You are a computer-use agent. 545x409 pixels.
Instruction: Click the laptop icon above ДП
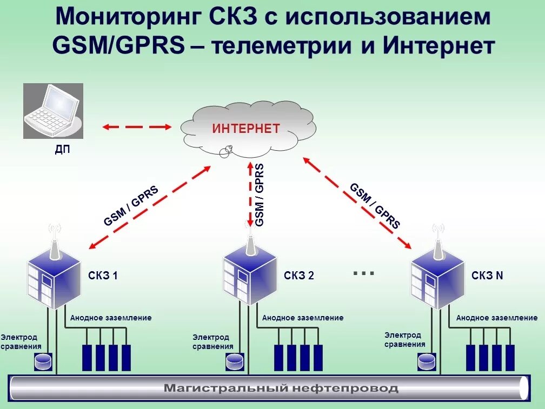click(53, 111)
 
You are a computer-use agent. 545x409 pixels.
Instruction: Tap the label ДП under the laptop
click(62, 150)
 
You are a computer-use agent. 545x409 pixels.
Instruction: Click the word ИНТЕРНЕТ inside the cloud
click(246, 129)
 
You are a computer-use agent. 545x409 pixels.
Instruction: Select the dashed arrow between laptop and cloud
click(136, 127)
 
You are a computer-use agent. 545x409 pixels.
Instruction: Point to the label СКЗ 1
click(103, 276)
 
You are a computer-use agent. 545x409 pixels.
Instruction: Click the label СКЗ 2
click(299, 276)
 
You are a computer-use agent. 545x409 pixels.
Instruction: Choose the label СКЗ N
click(487, 276)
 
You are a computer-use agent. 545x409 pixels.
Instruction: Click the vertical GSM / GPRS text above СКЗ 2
click(260, 195)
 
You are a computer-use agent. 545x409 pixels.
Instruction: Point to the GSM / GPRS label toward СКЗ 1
click(131, 206)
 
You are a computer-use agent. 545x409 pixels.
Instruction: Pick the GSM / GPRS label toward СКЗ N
click(375, 206)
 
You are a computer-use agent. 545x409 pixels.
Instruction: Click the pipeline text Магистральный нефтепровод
click(281, 388)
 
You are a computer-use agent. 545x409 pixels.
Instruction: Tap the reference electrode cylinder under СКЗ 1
click(43, 361)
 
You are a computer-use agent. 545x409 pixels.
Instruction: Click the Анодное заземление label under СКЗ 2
click(303, 318)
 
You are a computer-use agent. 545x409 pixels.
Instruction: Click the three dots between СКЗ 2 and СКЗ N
click(363, 273)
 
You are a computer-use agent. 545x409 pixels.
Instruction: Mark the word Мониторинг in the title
click(127, 18)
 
